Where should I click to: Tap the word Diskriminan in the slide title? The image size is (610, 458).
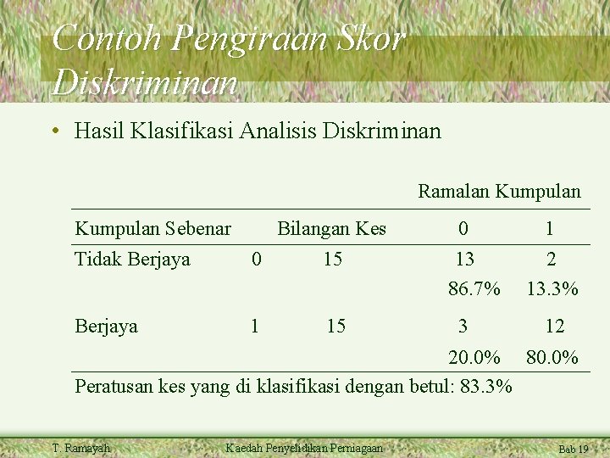[x=145, y=82]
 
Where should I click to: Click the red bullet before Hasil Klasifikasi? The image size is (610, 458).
[x=54, y=131]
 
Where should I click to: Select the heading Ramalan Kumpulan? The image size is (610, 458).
[x=499, y=192]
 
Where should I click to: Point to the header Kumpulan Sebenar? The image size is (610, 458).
[x=152, y=229]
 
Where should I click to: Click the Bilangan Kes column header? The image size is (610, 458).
[x=331, y=229]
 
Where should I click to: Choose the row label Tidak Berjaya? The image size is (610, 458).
[x=132, y=260]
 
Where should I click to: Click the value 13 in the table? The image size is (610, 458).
[x=464, y=260]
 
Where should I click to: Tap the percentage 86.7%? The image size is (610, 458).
[x=474, y=289]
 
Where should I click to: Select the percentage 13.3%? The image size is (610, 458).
[x=552, y=289]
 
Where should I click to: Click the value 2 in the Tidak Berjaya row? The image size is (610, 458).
[x=551, y=260]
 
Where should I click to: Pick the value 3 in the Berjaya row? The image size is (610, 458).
[x=463, y=326]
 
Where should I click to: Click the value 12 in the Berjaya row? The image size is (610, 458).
[x=554, y=326]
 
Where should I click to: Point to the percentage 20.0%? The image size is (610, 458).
[x=474, y=357]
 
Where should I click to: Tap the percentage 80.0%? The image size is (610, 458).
[x=552, y=357]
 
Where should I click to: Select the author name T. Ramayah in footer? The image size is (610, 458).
[x=81, y=448]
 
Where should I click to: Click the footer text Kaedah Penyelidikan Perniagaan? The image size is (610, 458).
[x=304, y=448]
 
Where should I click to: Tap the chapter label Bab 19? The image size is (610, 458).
[x=573, y=449]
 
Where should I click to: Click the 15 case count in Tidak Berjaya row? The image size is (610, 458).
[x=333, y=260]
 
